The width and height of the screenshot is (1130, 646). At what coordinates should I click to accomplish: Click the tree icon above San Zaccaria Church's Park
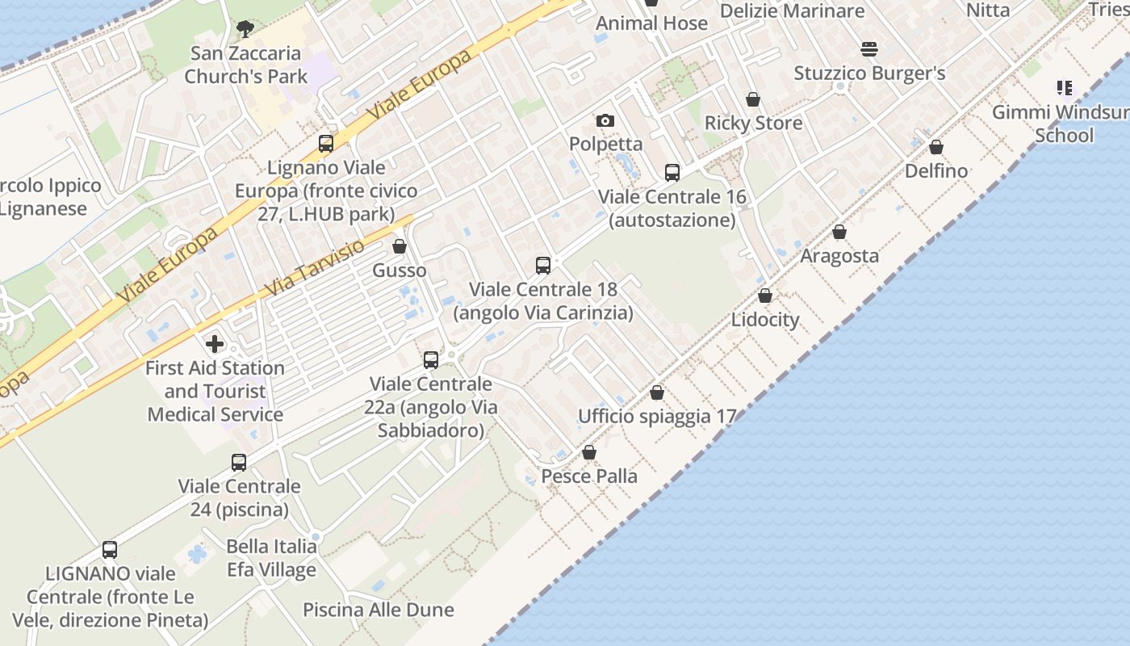245,30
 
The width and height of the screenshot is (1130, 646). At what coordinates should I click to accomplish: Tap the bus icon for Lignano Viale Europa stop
326,144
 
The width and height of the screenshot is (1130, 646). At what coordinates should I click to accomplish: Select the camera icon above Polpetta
605,121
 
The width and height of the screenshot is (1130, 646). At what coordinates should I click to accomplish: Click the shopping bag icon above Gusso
400,246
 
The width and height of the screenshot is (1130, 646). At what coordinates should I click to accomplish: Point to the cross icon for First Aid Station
215,344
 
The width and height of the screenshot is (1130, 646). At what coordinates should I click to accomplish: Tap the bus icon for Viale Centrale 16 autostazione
672,172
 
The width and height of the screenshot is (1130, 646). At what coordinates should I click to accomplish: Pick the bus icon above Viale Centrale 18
543,265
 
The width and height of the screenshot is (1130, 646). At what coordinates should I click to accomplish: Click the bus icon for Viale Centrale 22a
431,359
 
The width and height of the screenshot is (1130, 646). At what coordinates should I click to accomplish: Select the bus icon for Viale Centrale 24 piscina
239,462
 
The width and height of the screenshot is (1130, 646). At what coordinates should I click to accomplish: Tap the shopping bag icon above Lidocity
765,296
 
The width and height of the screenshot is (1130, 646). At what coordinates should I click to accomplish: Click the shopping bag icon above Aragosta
839,232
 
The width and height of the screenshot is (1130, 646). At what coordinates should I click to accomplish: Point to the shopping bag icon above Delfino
936,147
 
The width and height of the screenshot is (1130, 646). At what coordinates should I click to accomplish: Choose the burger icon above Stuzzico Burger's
869,49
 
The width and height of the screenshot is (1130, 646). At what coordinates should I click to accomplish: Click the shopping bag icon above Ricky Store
753,99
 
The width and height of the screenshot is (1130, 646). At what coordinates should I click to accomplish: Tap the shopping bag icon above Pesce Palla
589,452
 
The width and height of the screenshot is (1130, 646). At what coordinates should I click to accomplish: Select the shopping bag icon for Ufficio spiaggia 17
657,392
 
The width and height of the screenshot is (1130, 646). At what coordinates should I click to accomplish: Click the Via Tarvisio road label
315,266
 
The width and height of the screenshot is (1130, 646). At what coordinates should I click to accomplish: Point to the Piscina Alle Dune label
379,610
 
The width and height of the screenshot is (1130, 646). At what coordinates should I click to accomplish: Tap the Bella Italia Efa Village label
271,558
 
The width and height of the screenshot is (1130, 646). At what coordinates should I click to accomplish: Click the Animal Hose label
651,23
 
